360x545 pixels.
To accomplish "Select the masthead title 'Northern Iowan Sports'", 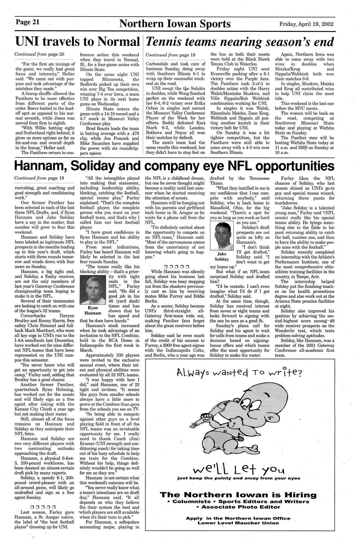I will tap(175, 24).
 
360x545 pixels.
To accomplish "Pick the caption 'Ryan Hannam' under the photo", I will tap(93, 310).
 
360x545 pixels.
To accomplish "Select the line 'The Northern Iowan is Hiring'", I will tap(238, 495).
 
